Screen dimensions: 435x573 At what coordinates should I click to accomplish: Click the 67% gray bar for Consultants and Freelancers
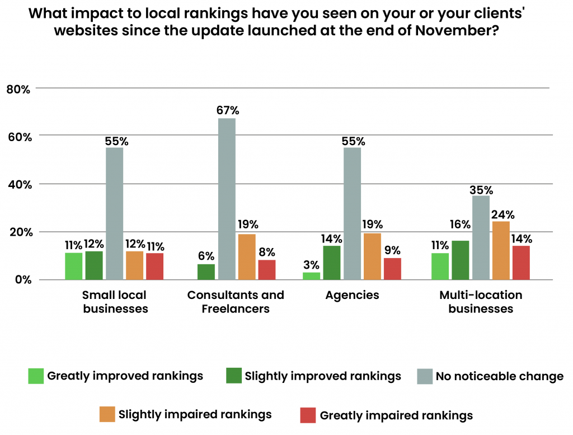[227, 199]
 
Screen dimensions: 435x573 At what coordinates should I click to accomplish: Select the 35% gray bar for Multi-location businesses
[481, 237]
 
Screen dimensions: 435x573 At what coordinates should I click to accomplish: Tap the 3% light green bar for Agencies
[312, 276]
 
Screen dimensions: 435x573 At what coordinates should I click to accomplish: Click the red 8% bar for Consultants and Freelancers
[267, 270]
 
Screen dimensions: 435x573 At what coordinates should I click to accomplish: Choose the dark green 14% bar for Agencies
[332, 263]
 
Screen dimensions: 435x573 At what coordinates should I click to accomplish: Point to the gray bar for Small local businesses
[114, 213]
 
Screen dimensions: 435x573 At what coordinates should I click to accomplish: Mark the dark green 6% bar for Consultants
[206, 272]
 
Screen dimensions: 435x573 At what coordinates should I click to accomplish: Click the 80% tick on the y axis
[18, 88]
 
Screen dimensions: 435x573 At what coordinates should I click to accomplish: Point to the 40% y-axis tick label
[18, 184]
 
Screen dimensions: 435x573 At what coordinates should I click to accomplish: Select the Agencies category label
[352, 295]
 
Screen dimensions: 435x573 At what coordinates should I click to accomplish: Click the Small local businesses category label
[115, 302]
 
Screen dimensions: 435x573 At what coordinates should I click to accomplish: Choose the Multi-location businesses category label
[481, 302]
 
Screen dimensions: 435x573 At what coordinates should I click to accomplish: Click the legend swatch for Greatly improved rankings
[36, 376]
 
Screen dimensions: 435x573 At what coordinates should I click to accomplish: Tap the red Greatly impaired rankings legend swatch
[308, 415]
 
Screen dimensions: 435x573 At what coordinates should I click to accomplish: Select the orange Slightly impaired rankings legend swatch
[107, 415]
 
